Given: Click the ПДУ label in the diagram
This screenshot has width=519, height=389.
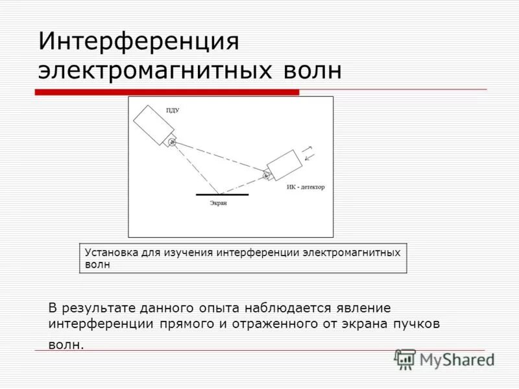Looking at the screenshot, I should point(173,111).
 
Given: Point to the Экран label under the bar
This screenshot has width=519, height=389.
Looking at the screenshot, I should point(218,203).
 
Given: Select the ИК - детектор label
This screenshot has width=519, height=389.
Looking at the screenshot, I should point(306,187).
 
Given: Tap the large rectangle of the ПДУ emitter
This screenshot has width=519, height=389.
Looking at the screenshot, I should point(151,123).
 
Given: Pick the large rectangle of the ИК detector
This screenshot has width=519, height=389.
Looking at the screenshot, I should point(284,165).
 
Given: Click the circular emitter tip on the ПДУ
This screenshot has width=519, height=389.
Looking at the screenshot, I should point(171,142).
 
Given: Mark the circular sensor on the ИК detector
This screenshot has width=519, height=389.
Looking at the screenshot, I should point(266,174).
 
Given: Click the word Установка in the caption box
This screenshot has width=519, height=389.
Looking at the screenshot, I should point(110,252).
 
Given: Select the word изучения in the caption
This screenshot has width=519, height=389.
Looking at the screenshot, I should point(190,252).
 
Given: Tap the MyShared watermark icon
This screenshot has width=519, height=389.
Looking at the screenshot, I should point(405,359).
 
